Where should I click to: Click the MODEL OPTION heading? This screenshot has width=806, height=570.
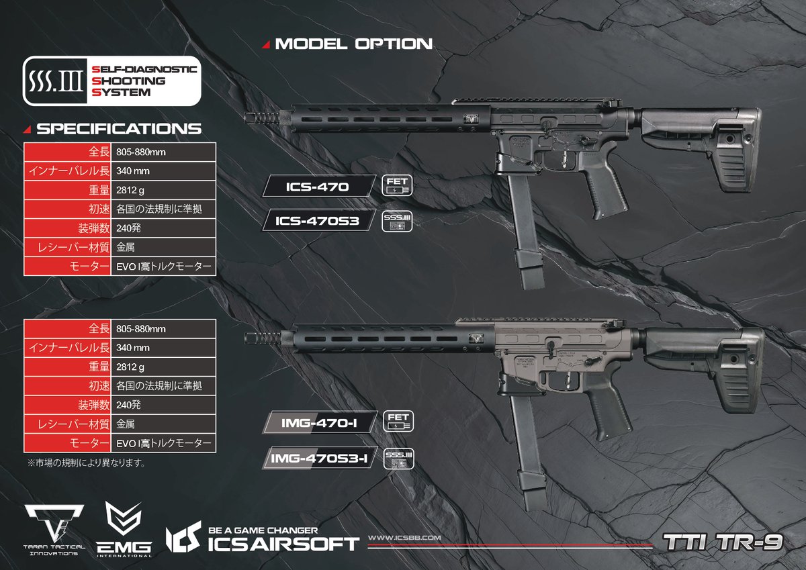pyautogui.click(x=353, y=44)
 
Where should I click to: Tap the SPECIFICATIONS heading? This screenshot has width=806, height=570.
pyautogui.click(x=119, y=128)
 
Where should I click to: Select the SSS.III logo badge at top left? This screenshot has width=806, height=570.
pyautogui.click(x=111, y=81)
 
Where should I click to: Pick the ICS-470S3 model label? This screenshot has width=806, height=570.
pyautogui.click(x=316, y=220)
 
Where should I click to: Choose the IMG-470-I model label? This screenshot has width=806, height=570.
pyautogui.click(x=319, y=423)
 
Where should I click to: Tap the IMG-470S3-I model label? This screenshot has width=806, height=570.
pyautogui.click(x=319, y=458)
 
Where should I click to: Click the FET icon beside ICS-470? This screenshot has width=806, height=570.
pyautogui.click(x=396, y=187)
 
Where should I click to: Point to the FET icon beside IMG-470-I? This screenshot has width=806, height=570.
pyautogui.click(x=398, y=422)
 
